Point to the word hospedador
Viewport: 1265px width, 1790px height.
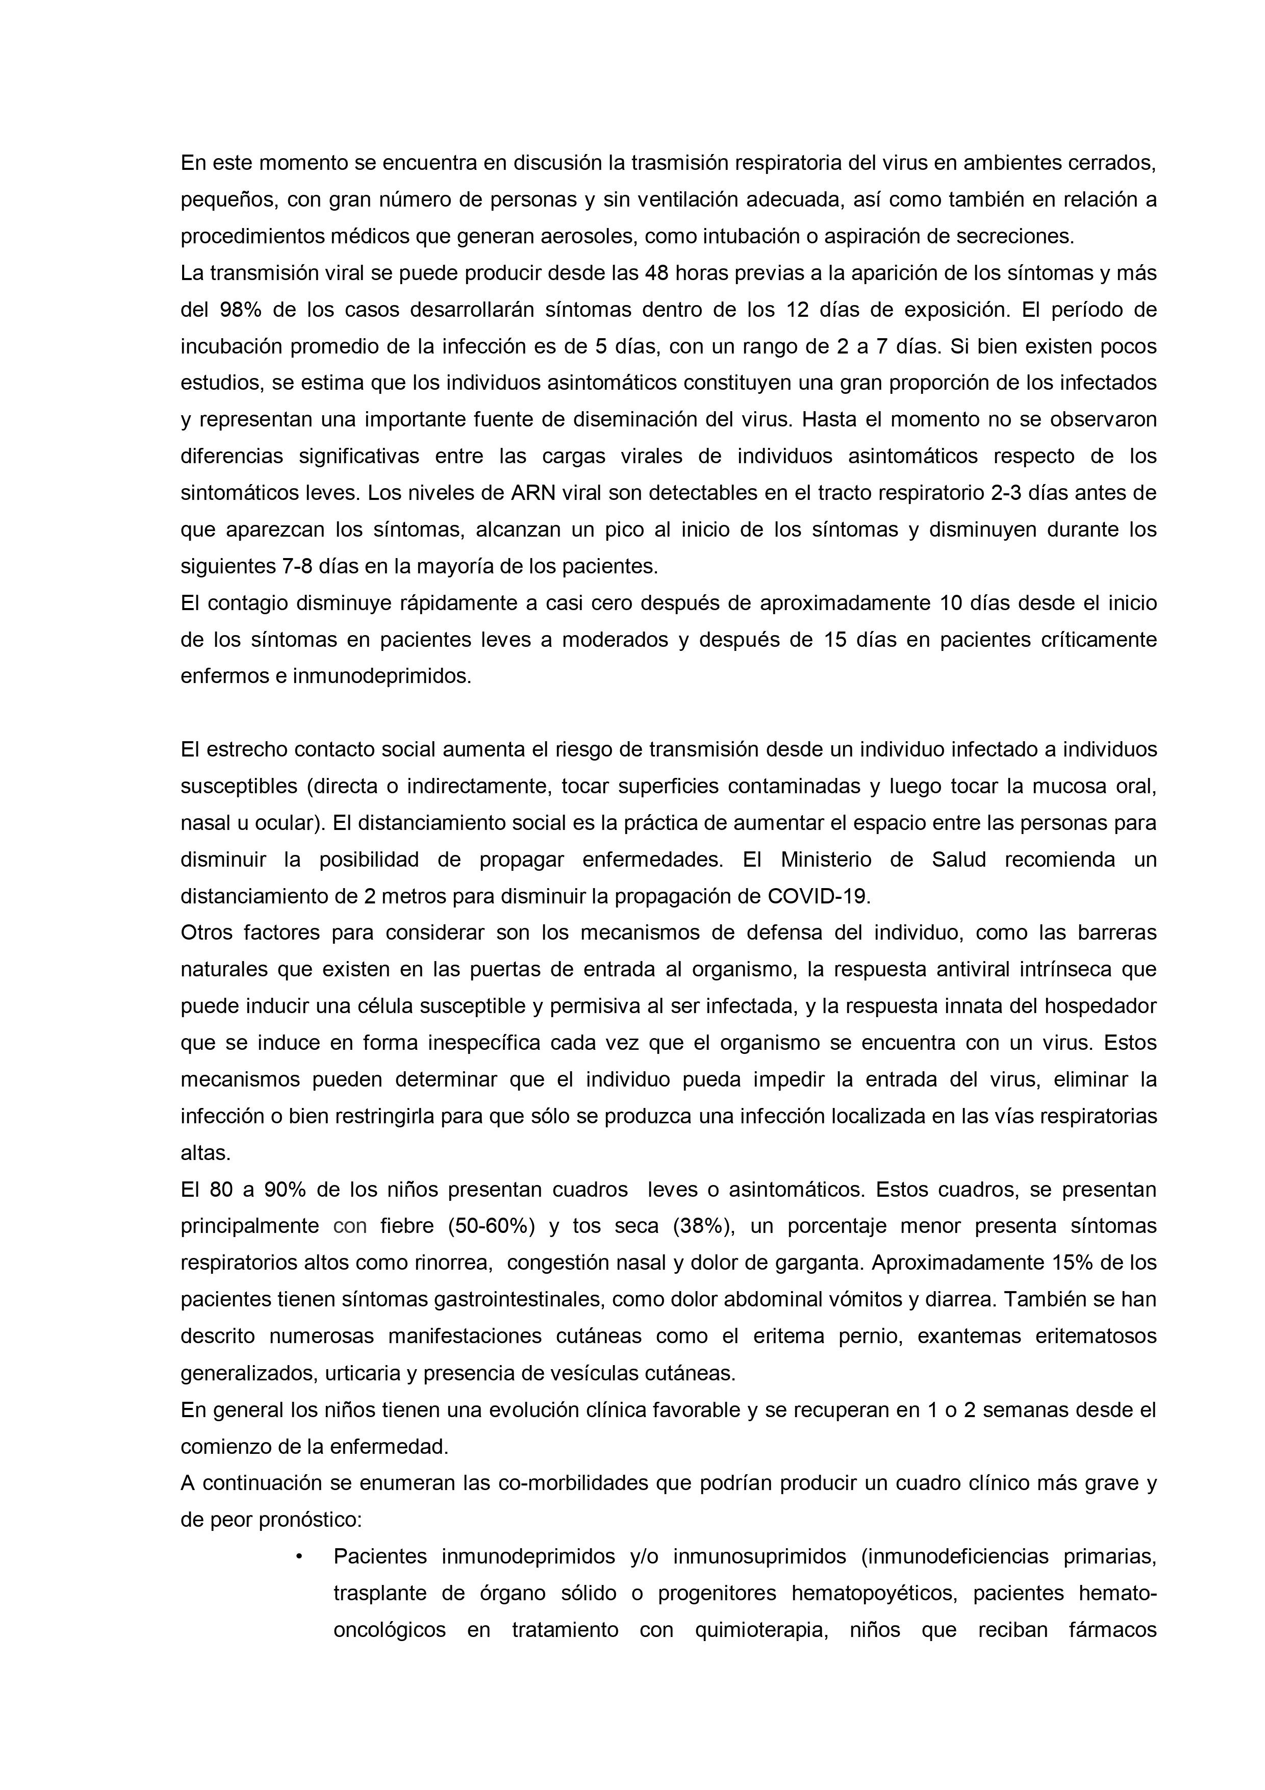(x=1100, y=1006)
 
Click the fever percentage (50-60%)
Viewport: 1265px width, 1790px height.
(x=490, y=1226)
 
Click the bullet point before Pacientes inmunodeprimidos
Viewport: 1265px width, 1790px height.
(x=299, y=1556)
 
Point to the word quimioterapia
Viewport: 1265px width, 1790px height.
(x=761, y=1629)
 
